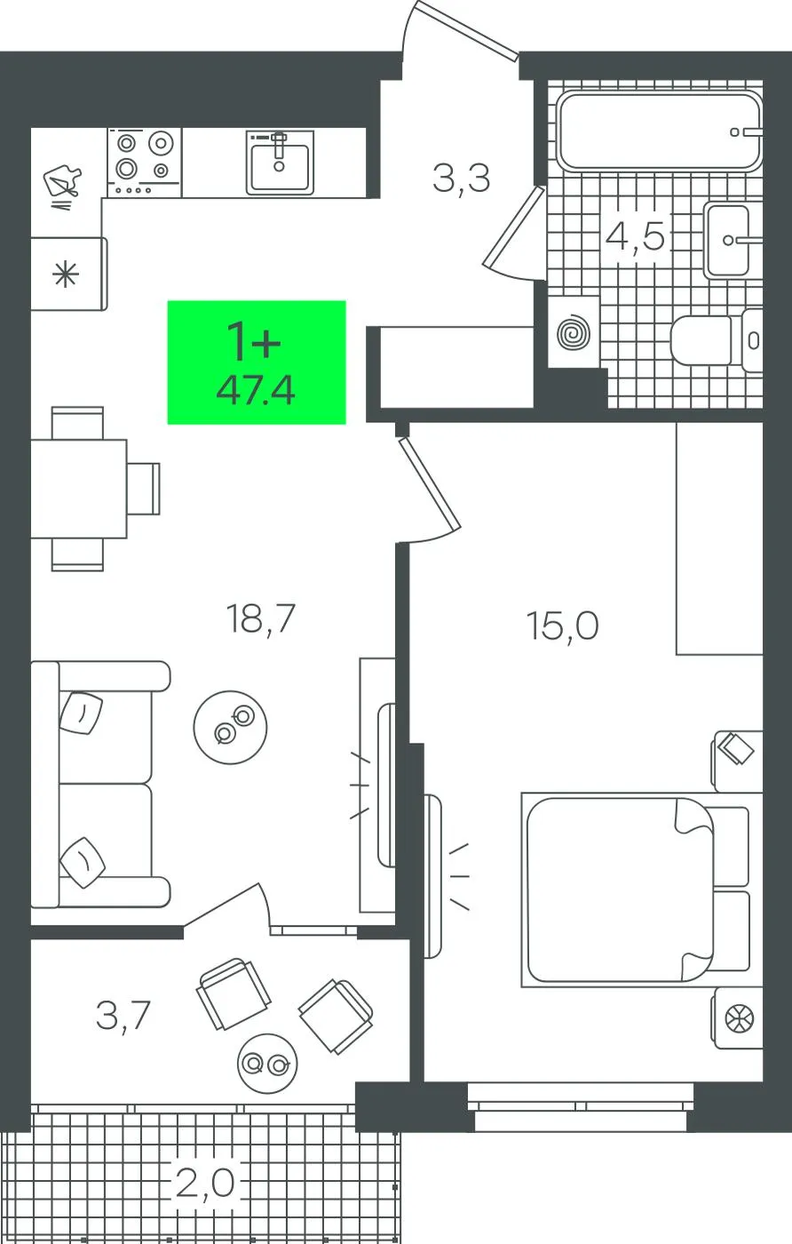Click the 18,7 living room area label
click(260, 618)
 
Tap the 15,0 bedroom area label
click(562, 626)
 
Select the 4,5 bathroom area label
click(635, 237)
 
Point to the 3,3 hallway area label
click(461, 179)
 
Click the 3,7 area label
click(123, 1014)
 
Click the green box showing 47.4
click(257, 363)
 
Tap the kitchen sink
click(280, 162)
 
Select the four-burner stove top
click(145, 162)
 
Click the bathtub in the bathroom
click(660, 132)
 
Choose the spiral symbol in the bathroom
click(573, 333)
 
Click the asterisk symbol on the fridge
click(66, 275)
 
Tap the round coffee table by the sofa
click(230, 727)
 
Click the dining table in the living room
click(78, 489)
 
